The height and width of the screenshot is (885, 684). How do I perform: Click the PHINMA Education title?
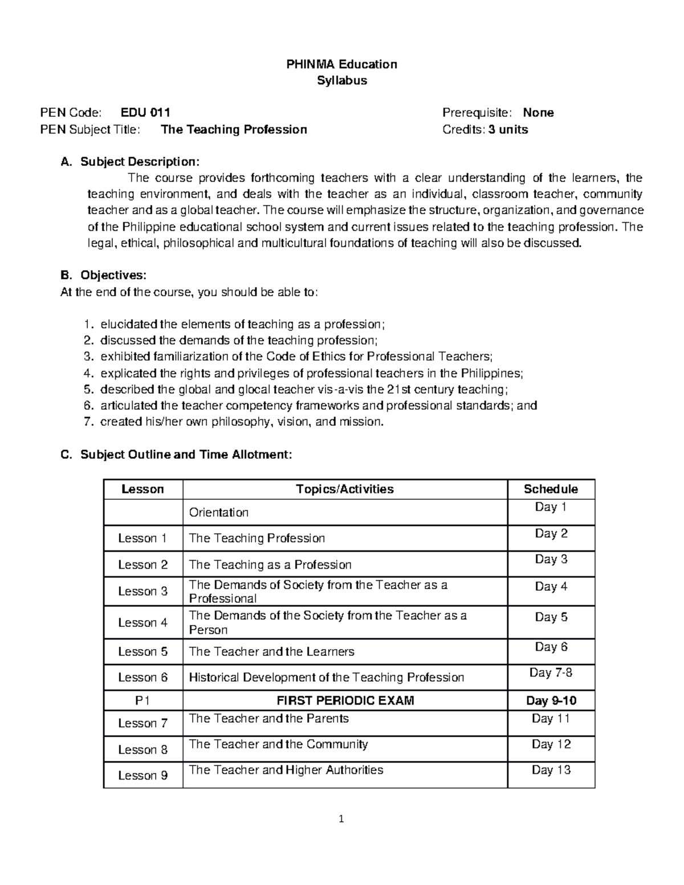pyautogui.click(x=341, y=64)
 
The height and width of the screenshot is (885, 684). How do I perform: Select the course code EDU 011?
pyautogui.click(x=145, y=112)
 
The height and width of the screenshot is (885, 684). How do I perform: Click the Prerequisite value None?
pyautogui.click(x=538, y=112)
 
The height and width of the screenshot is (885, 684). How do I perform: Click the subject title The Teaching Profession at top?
pyautogui.click(x=234, y=129)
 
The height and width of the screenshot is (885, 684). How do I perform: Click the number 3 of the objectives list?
pyautogui.click(x=87, y=357)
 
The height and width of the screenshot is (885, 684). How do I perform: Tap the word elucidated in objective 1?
pyautogui.click(x=128, y=324)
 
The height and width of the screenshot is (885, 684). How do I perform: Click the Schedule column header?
pyautogui.click(x=551, y=489)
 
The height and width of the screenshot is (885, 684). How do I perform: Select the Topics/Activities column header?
pyautogui.click(x=345, y=489)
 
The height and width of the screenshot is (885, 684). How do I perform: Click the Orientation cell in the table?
pyautogui.click(x=219, y=512)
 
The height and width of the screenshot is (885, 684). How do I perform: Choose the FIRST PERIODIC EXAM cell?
pyautogui.click(x=345, y=700)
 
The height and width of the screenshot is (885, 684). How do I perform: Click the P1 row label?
pyautogui.click(x=143, y=700)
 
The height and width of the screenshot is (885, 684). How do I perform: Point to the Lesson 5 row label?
pyautogui.click(x=143, y=651)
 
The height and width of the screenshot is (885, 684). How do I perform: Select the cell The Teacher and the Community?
pyautogui.click(x=278, y=744)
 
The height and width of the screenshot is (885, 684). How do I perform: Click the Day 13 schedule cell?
pyautogui.click(x=551, y=770)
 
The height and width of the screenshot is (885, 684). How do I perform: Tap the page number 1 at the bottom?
pyautogui.click(x=341, y=820)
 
